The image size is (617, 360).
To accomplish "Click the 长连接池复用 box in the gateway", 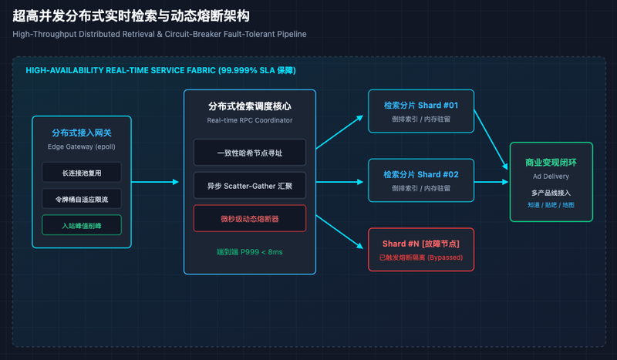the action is [82, 173].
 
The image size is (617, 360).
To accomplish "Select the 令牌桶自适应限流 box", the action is [82, 199].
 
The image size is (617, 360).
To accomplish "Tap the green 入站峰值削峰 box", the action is [82, 225].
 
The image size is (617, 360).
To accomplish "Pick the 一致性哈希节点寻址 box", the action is [249, 153].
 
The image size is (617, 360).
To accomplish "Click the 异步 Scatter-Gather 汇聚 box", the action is [249, 185].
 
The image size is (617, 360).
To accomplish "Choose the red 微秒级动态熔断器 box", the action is [249, 218].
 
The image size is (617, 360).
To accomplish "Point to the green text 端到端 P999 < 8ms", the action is [249, 252].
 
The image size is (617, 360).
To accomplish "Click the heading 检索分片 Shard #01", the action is [421, 105].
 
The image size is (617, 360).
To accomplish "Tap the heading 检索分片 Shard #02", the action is [421, 174].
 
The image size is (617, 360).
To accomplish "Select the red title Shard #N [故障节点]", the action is [421, 244].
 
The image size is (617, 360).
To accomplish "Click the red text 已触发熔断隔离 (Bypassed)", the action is [421, 257].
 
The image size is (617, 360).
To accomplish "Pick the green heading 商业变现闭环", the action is [551, 163].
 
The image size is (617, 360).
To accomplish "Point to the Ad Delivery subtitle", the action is [551, 177].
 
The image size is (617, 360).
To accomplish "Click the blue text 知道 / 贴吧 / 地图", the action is [551, 205].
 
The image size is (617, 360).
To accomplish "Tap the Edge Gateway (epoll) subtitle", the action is [82, 146].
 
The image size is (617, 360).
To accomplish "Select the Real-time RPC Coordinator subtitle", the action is [249, 120].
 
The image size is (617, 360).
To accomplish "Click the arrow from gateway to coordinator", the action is [155, 182].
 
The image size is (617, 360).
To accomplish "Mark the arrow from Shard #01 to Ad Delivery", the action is [491, 140].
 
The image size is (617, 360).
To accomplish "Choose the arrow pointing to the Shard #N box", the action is [339, 232].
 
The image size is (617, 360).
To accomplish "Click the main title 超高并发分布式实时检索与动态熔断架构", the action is [131, 16].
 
